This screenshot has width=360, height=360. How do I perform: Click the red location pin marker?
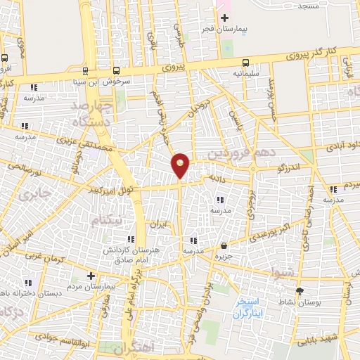point(181,165)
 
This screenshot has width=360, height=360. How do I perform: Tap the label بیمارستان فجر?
point(245,30)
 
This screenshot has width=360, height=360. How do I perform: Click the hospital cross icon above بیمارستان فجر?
point(225,18)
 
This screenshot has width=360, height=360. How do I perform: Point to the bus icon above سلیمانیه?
point(245,62)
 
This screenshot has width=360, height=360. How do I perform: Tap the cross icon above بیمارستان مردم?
point(90,276)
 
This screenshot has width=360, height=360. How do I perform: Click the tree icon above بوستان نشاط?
point(300,290)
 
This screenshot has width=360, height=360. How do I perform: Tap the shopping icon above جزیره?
point(224,246)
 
